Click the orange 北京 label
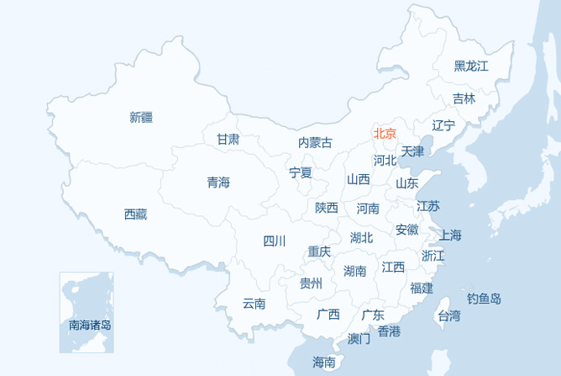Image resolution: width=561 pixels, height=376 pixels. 385,133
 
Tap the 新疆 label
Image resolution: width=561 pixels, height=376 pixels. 141,117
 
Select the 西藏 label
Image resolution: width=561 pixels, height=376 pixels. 135,214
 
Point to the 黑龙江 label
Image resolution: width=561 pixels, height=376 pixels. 471,66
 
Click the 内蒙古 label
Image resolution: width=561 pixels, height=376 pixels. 315,142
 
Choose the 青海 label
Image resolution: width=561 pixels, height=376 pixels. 218,182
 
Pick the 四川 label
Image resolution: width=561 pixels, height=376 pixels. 275,241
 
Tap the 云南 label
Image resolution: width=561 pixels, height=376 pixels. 254,304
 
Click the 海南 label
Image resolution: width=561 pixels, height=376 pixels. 324,363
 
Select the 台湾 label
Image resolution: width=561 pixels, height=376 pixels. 449,315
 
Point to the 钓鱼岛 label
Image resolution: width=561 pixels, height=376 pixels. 485,298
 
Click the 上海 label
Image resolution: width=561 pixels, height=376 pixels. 450,235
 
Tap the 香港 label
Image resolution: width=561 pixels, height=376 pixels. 389,331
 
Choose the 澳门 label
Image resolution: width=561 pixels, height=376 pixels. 359,339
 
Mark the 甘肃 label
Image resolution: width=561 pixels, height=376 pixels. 228,139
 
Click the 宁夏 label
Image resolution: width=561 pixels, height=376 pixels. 301,172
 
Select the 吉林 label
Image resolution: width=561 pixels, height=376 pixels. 464,98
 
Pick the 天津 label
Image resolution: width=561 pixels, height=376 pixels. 412,151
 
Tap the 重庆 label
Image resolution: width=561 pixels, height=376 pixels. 319,251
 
